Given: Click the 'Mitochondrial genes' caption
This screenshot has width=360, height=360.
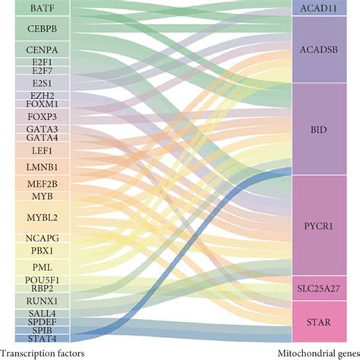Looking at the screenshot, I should coord(316,352).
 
